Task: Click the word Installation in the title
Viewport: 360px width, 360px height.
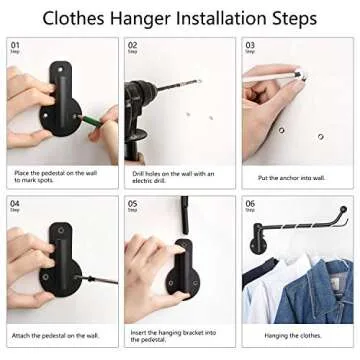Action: pyautogui.click(x=210, y=18)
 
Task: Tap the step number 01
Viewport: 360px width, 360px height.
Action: pyautogui.click(x=14, y=45)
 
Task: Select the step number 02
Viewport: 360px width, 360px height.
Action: pyautogui.click(x=132, y=45)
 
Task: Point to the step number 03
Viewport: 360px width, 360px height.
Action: pyautogui.click(x=250, y=45)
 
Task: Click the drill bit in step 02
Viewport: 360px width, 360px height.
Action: pyautogui.click(x=185, y=83)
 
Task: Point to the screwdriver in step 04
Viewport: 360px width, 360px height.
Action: pyautogui.click(x=96, y=277)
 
